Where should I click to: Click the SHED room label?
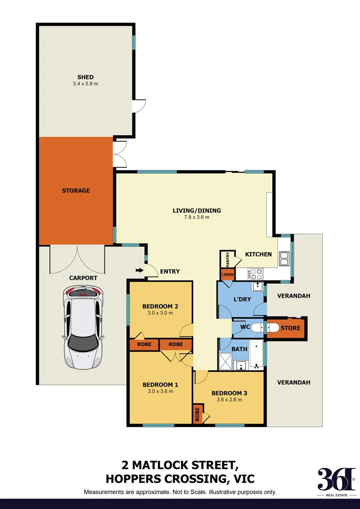coord(85,77)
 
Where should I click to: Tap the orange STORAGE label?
coord(75,191)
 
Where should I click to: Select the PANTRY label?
coord(228,260)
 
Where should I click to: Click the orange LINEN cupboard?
coord(228,274)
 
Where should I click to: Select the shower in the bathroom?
coord(226,361)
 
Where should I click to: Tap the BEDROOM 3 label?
coord(229,393)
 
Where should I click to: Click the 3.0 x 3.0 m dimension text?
coord(160,313)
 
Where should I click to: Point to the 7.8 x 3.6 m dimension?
coord(197,217)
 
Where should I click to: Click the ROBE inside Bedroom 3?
coord(197,414)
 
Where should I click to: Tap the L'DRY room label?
coord(242,299)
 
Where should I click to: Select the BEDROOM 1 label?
coord(160,385)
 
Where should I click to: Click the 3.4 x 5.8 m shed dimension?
coord(85,84)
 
